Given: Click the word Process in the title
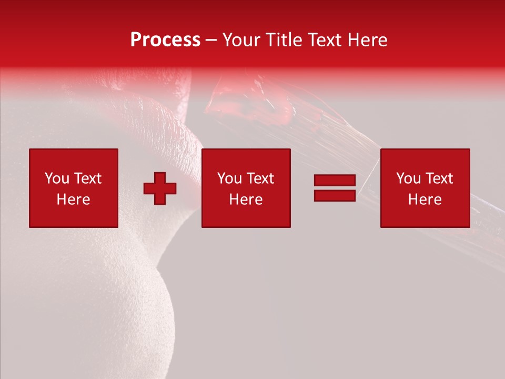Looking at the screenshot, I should [x=165, y=40].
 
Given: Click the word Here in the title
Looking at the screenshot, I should [x=368, y=40].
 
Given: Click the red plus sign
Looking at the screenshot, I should [x=160, y=188].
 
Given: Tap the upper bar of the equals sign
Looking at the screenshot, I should [x=335, y=181].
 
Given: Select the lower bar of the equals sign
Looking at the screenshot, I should [x=335, y=195].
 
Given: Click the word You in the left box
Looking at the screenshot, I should [x=57, y=178].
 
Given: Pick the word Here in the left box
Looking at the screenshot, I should [x=73, y=200].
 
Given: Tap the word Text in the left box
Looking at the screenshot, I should [x=87, y=178].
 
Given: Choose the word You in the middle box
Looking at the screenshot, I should [x=230, y=178].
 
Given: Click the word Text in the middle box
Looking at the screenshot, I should [x=260, y=178].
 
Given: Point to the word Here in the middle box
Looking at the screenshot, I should [x=246, y=200].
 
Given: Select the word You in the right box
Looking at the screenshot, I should [x=409, y=178].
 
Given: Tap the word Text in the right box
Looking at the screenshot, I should [x=439, y=178].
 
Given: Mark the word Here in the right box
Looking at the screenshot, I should [x=425, y=200].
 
